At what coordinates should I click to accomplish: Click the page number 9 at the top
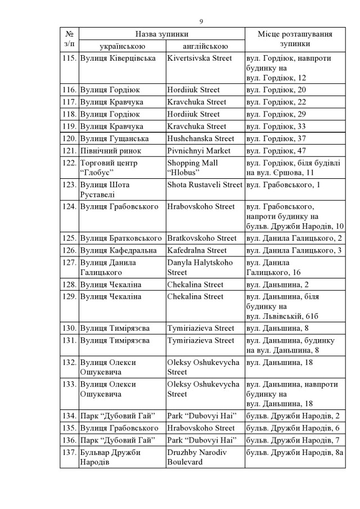click(x=201, y=21)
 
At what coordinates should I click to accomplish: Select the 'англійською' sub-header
click(x=205, y=46)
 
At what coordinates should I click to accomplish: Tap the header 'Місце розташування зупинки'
click(x=294, y=39)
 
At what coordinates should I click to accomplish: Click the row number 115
click(x=70, y=58)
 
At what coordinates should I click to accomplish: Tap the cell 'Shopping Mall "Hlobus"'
click(x=192, y=168)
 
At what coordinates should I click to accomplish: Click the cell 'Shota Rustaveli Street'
click(x=205, y=185)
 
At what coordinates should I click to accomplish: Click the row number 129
click(x=70, y=296)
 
